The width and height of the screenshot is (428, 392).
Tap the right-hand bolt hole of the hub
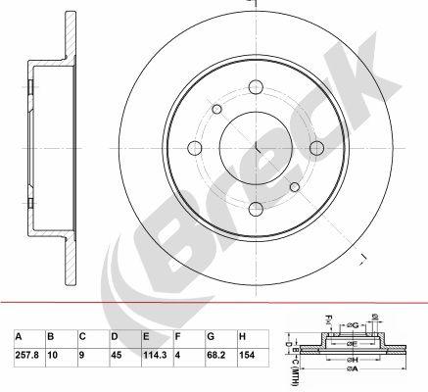(316, 149)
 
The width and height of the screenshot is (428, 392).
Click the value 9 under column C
(83, 356)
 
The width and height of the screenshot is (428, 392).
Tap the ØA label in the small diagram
(350, 381)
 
